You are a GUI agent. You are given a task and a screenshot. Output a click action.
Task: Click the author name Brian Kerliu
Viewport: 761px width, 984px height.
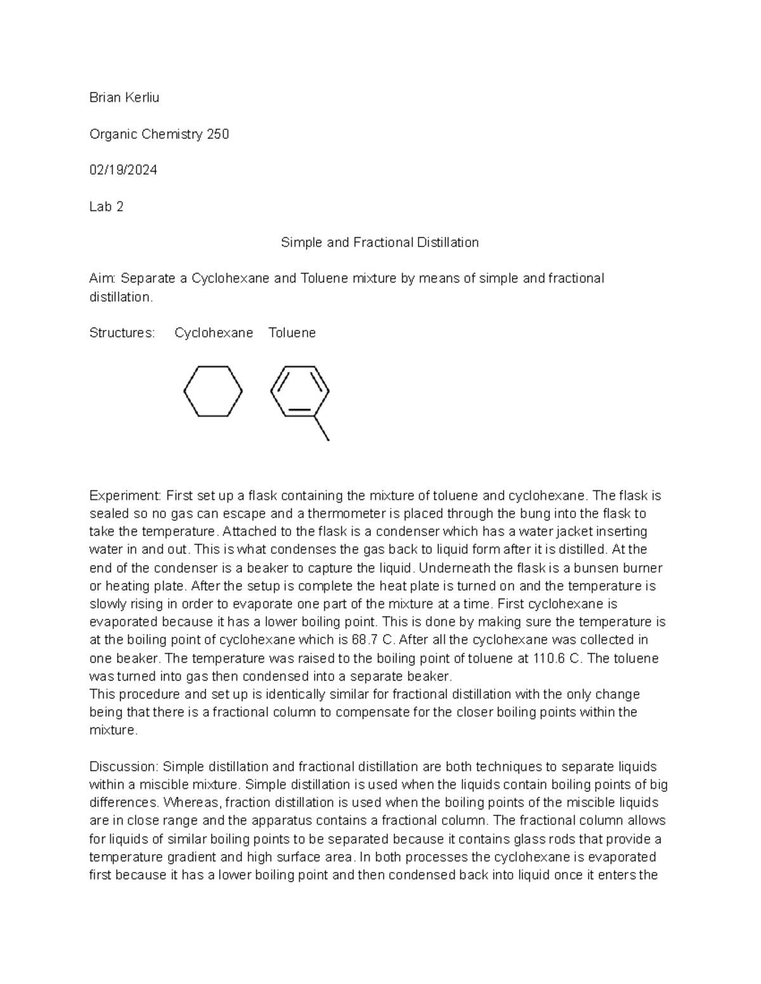124,98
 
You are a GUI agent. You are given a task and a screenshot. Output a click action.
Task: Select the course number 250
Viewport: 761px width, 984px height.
218,134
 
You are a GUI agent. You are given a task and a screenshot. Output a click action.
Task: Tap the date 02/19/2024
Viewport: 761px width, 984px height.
123,170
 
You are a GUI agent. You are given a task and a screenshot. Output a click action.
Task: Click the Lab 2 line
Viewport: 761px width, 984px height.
106,206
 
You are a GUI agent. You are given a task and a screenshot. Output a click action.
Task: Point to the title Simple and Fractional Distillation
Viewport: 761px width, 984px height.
379,242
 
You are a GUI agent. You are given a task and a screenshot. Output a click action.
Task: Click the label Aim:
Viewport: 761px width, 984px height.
102,278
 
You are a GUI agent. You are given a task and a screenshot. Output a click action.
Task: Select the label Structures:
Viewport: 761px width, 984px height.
122,333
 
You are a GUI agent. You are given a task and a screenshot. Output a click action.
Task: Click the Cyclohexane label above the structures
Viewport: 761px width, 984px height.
214,333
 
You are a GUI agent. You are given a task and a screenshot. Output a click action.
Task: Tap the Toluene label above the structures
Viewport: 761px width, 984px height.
292,333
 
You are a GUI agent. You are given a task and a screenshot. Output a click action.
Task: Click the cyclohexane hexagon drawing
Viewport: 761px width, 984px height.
213,391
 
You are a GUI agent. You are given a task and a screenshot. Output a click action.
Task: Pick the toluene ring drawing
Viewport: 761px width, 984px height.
299,391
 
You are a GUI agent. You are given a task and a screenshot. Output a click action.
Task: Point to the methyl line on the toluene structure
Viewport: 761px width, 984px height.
322,428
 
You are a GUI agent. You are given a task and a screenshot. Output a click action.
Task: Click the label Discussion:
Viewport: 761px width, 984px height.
124,766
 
